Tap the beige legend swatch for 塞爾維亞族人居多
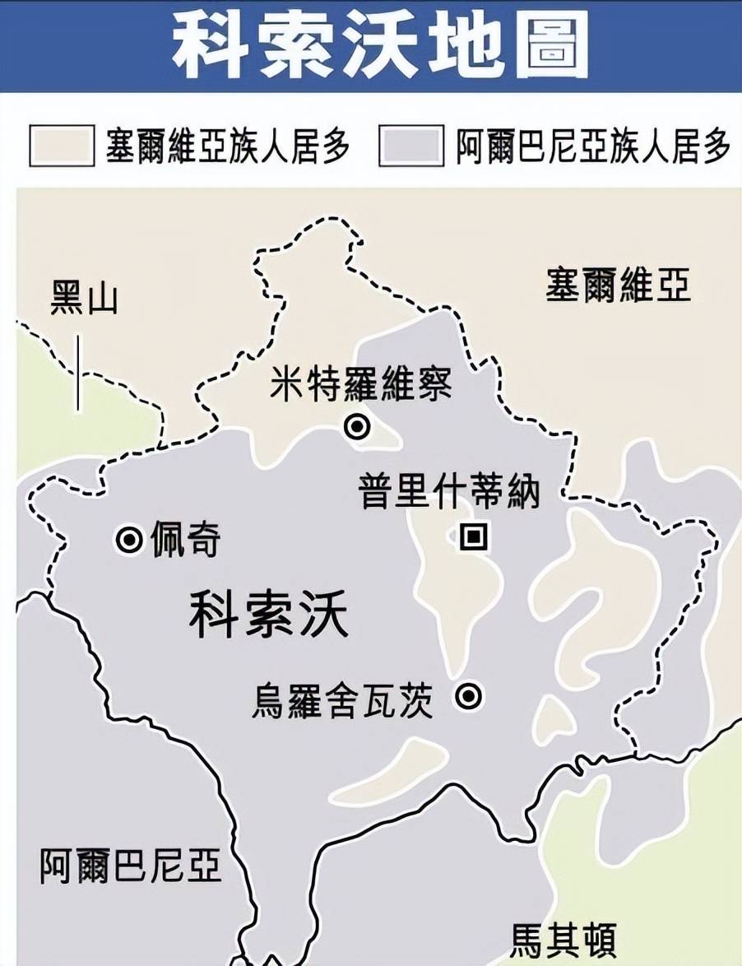click(x=62, y=146)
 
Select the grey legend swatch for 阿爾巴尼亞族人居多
click(x=410, y=146)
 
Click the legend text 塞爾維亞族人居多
click(x=228, y=146)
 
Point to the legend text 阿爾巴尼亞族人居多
click(x=592, y=146)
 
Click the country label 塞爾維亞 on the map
click(x=618, y=286)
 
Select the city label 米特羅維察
click(x=361, y=384)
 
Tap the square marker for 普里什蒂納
click(x=473, y=537)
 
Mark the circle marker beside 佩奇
click(x=128, y=540)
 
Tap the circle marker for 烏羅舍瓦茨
click(x=469, y=696)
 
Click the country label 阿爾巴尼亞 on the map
click(x=132, y=866)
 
